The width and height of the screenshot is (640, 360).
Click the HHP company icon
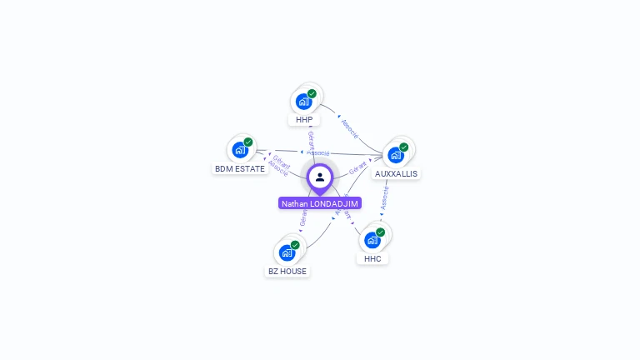304,101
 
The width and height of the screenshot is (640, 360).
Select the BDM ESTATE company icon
241,150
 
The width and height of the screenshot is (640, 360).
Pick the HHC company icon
373,239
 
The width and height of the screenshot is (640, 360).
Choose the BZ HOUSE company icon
287,252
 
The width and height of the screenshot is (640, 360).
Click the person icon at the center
320,177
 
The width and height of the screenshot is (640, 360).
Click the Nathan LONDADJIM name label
320,203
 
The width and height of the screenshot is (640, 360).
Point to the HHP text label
304,120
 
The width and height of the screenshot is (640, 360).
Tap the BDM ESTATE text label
240,168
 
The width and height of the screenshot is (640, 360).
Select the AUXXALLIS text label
397,173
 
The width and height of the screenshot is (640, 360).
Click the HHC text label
373,258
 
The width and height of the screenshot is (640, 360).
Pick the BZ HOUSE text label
287,271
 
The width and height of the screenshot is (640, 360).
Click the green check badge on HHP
312,93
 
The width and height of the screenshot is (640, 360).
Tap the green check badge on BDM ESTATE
248,142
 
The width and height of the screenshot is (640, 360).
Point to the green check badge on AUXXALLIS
404,147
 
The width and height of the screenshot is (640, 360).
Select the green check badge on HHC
381,232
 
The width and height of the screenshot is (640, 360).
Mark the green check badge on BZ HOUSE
295,244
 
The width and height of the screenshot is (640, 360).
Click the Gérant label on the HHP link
311,139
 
